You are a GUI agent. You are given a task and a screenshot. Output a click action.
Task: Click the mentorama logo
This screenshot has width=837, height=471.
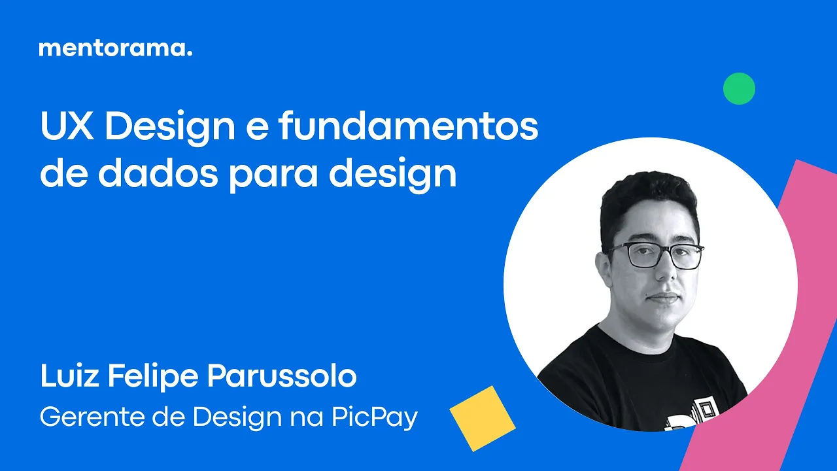click(116, 48)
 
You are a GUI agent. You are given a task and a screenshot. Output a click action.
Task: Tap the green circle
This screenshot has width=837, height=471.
click(739, 88)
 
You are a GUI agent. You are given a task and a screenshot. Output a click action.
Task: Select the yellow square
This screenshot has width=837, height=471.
click(483, 418)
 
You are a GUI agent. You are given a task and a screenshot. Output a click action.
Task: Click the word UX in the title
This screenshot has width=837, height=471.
click(67, 126)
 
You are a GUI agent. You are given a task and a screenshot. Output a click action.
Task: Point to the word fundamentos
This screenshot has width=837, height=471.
click(409, 126)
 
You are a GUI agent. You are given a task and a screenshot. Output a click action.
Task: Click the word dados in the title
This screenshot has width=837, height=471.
click(158, 173)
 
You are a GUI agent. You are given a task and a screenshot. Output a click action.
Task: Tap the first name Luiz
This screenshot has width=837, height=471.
click(69, 375)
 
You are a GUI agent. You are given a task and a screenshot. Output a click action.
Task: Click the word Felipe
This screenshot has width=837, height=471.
click(153, 376)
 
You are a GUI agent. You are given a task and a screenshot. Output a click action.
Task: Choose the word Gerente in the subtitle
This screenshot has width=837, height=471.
click(93, 417)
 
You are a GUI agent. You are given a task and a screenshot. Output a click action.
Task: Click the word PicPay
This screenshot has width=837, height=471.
click(374, 418)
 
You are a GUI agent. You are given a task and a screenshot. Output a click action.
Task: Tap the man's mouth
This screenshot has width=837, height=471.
click(663, 298)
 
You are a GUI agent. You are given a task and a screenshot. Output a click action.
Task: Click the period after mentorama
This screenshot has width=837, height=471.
click(189, 54)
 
